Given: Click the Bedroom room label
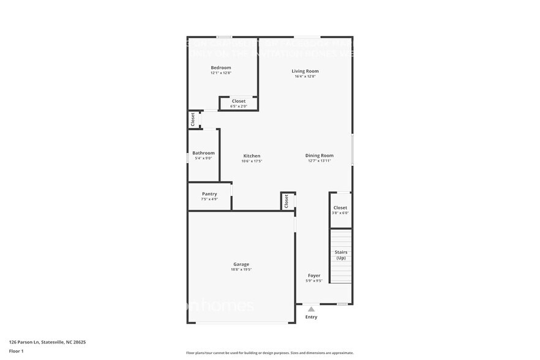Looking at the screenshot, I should [220, 67].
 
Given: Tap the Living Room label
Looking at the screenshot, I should [305, 71].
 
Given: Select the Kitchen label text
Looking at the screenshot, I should [252, 156].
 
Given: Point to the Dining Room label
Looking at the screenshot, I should [319, 156].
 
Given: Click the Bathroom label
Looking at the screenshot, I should [203, 153].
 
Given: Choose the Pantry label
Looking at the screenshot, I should [209, 194].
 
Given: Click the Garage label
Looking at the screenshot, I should [241, 264].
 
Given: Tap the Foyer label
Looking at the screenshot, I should [313, 276].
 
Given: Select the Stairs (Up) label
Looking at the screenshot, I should [341, 255].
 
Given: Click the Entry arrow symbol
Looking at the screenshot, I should [312, 309].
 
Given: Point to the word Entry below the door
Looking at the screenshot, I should [312, 317].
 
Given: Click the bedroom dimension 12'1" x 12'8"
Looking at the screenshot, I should [220, 73].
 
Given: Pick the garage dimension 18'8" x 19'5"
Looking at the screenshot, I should [241, 269].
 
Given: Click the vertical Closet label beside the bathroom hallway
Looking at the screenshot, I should [193, 119].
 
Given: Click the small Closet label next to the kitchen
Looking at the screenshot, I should [286, 201].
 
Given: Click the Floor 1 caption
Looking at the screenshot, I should [16, 351].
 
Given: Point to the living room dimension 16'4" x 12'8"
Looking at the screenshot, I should [305, 77].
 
